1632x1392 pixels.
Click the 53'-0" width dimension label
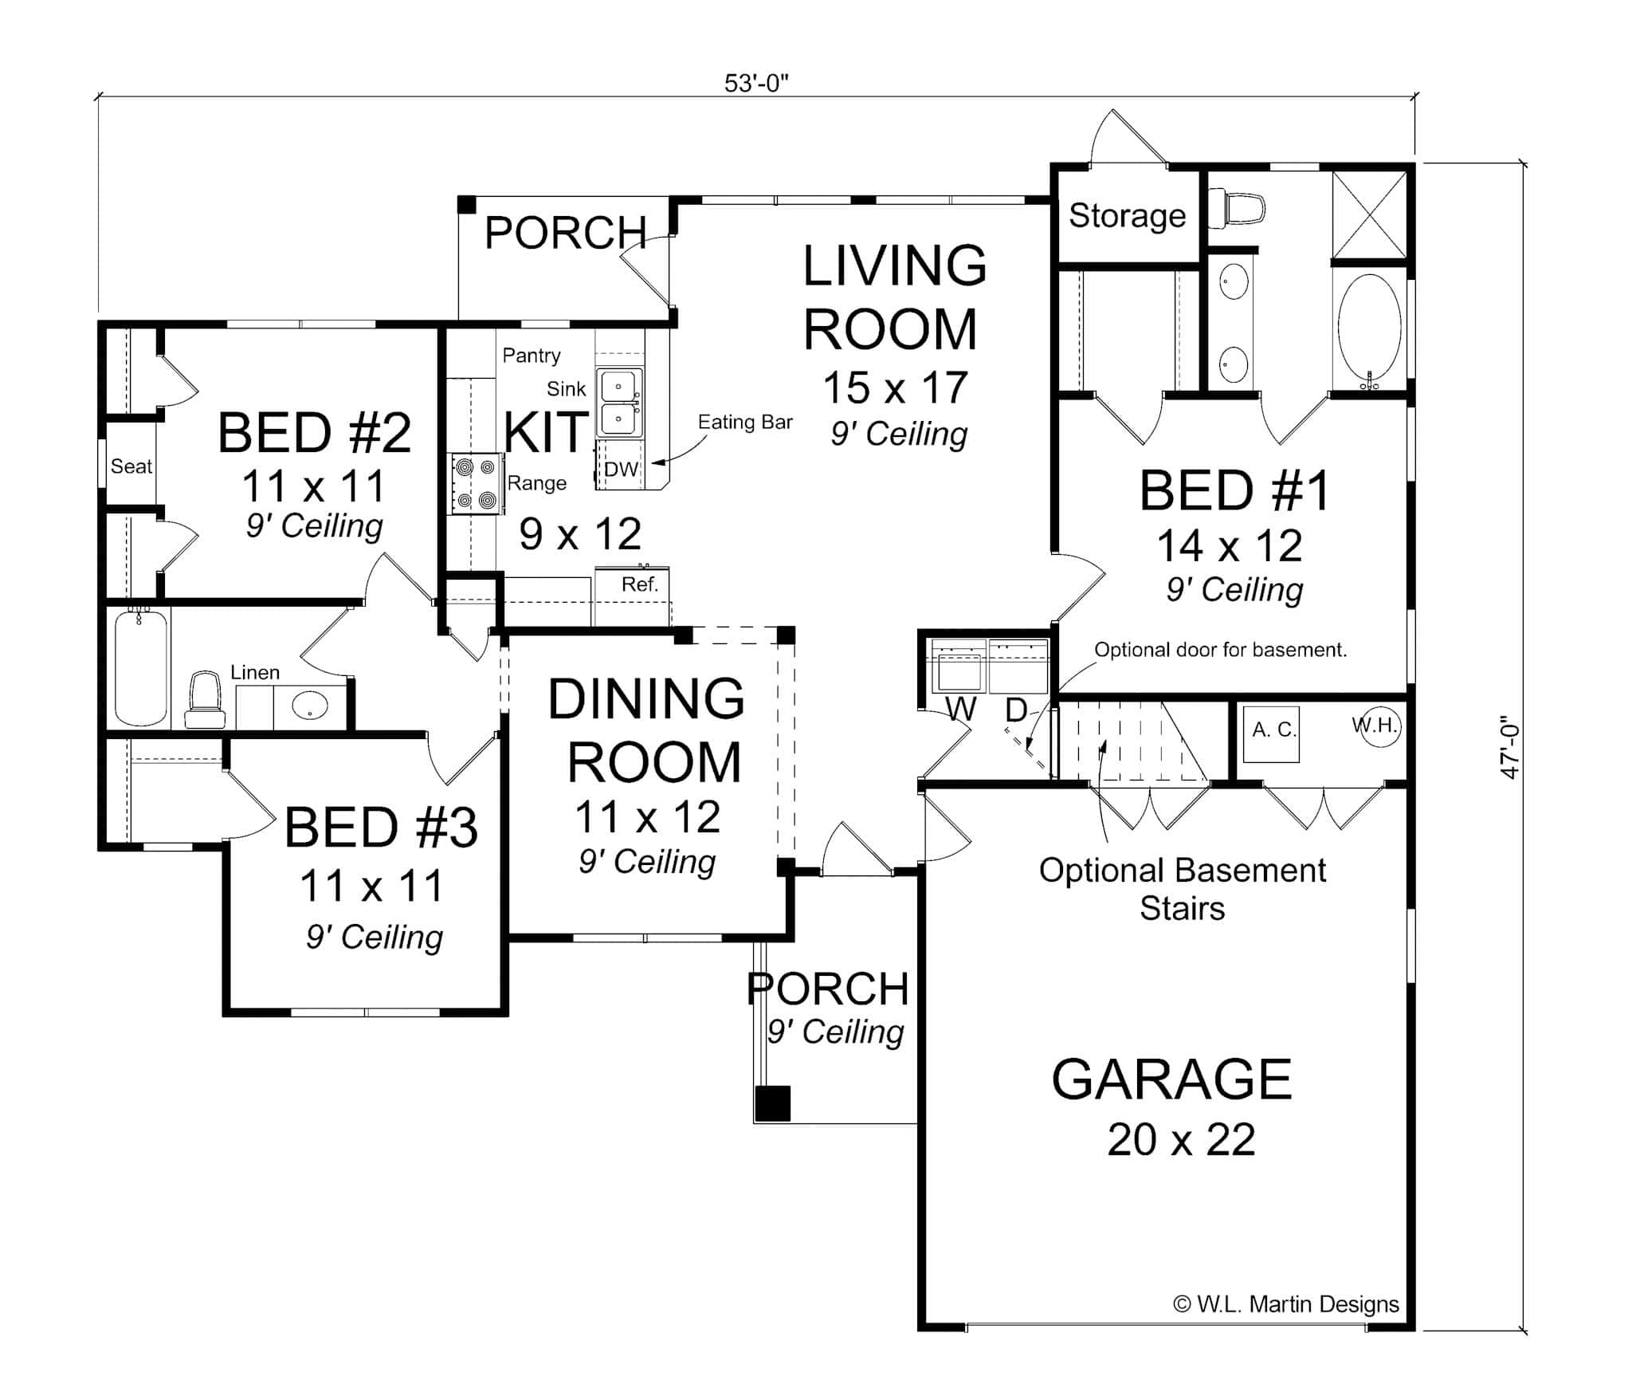coord(755,83)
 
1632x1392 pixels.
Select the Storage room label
coord(1127,216)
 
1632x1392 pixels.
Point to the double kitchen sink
coord(619,403)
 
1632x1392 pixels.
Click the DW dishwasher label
coord(621,470)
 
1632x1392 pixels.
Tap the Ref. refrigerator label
coord(640,584)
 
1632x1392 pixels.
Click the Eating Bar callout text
coord(745,423)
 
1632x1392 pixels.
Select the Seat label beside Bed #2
coord(131,466)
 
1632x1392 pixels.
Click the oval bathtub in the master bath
coord(1369,329)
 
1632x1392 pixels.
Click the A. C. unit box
coord(1273,731)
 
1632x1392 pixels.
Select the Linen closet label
coord(255,672)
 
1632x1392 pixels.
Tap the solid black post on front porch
coord(772,1103)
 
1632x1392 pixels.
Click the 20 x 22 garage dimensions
coord(1181,1139)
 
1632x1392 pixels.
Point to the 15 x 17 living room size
coord(895,388)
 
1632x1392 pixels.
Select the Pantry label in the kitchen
coord(531,355)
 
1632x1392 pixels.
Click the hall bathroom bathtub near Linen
coord(140,668)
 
